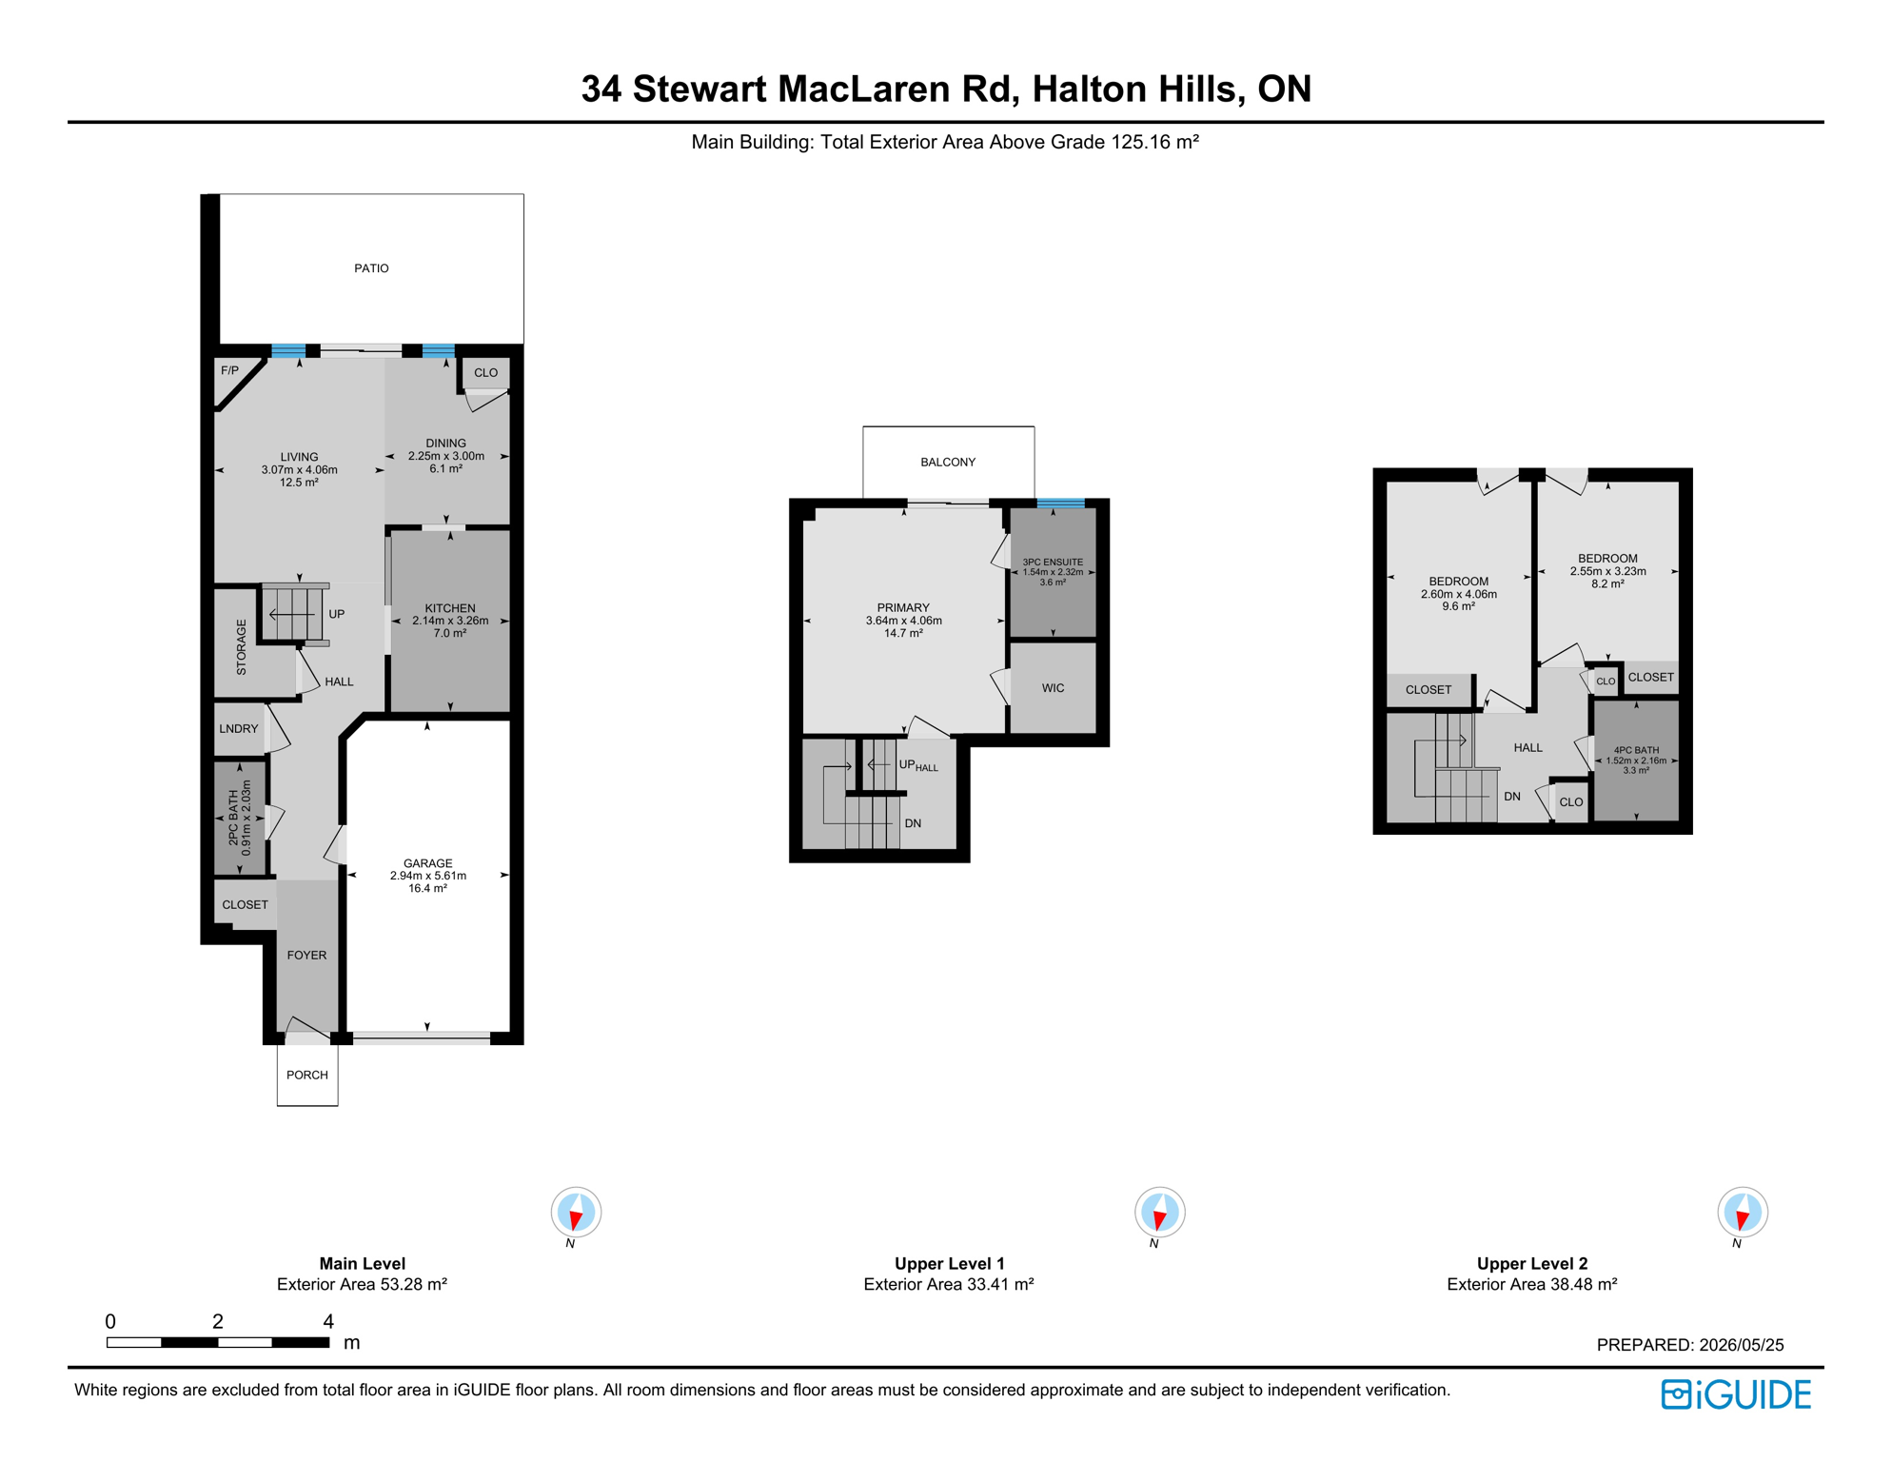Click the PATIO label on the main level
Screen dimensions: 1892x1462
(x=371, y=268)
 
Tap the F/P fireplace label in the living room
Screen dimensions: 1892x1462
(x=230, y=370)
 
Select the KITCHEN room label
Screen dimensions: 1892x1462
(x=450, y=608)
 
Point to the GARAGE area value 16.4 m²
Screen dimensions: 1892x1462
(x=427, y=888)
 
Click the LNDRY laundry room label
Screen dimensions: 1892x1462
(x=239, y=729)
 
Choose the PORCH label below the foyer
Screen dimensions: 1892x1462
(x=307, y=1075)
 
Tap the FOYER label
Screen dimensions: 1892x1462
(x=306, y=956)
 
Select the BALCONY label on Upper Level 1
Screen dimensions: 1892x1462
(x=948, y=463)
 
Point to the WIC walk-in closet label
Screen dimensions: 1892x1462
(x=1053, y=688)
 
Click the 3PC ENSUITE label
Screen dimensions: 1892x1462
(x=1053, y=563)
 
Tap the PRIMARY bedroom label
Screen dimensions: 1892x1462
(x=903, y=608)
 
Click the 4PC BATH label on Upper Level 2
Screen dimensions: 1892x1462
(x=1636, y=750)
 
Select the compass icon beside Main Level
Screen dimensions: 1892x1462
(x=576, y=1213)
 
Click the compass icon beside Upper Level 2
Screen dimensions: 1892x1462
(x=1743, y=1213)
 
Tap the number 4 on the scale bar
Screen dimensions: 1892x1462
(x=328, y=1321)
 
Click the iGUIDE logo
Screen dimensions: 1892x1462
(x=1736, y=1394)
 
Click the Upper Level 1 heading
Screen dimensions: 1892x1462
(x=949, y=1264)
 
